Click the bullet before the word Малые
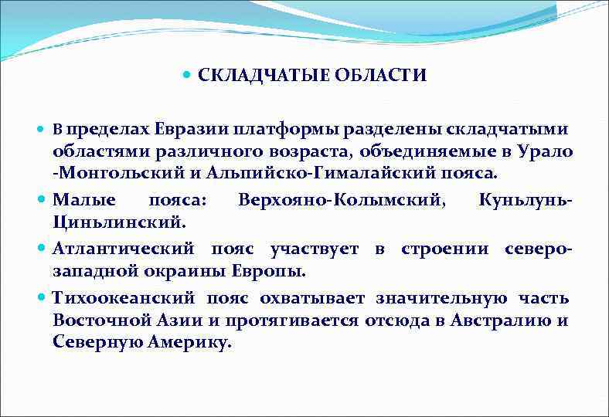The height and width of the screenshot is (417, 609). click(42, 200)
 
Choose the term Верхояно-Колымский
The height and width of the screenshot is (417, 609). click(342, 200)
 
